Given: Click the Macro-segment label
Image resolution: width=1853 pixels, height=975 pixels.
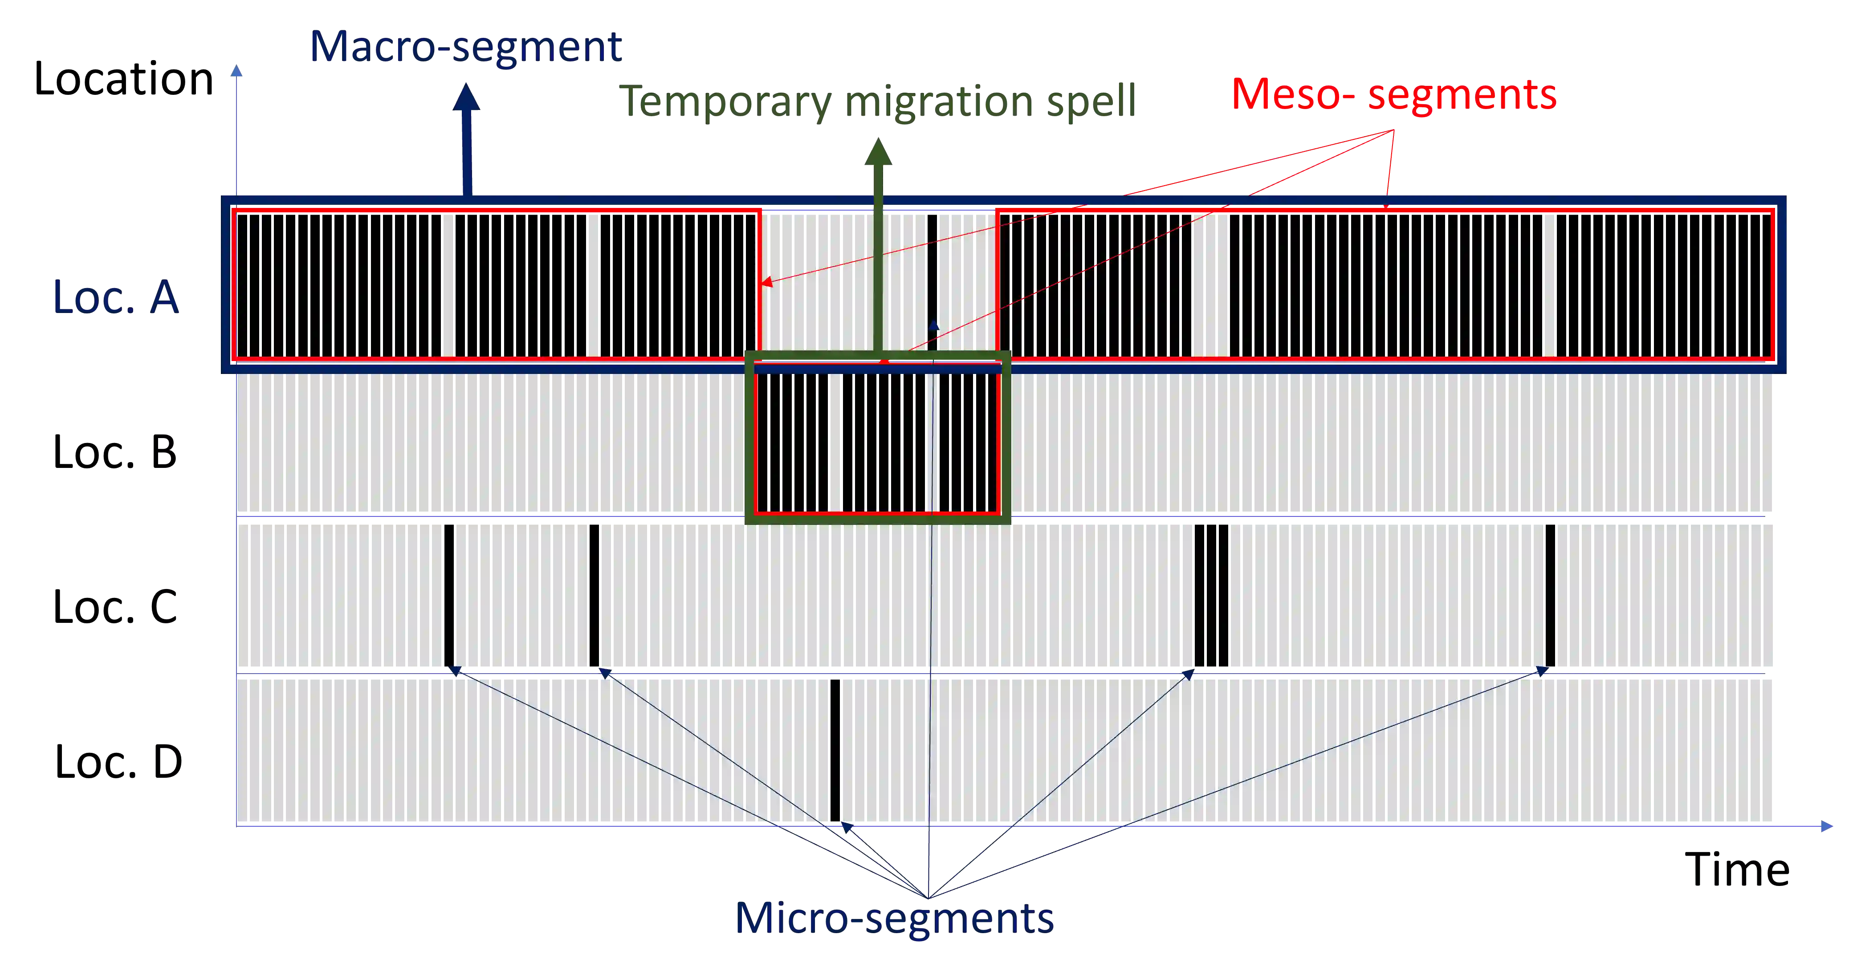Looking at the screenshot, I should [465, 48].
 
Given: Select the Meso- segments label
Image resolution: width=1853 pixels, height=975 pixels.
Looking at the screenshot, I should [1393, 94].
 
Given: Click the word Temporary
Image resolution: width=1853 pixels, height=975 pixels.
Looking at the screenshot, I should [726, 101].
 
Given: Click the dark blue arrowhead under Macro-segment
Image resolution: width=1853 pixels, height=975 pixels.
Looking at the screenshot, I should [467, 97].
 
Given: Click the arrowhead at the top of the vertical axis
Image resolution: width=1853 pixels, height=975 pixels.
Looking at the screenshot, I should [236, 70].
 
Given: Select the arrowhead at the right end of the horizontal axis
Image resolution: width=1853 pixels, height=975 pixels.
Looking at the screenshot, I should [1827, 826].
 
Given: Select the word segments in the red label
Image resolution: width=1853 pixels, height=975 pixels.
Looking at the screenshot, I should [1462, 95].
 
